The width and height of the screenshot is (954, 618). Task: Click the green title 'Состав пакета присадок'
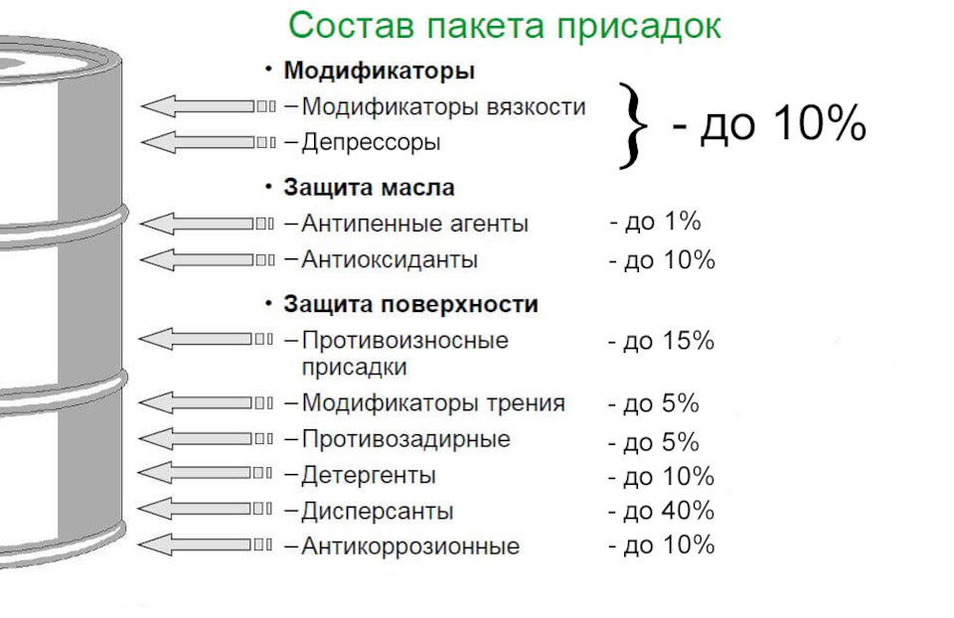[505, 26]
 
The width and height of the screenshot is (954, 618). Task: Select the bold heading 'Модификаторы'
[379, 71]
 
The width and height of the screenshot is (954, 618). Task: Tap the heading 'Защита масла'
[369, 188]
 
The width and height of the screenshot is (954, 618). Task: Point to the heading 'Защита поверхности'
[410, 304]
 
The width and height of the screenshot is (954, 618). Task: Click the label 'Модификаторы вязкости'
[443, 107]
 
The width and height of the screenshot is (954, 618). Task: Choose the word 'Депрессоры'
[371, 142]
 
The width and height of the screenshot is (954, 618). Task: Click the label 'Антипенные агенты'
[415, 224]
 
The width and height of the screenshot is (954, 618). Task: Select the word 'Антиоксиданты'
[390, 259]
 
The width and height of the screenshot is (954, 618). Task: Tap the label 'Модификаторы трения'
[433, 402]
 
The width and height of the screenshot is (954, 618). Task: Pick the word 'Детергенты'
[369, 475]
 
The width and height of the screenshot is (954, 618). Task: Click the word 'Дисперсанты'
[378, 511]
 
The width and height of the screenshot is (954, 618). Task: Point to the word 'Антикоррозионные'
[410, 545]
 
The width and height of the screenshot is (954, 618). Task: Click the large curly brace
[634, 125]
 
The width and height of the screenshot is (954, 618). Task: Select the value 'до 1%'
[663, 222]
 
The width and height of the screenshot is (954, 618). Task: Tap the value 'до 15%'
[669, 341]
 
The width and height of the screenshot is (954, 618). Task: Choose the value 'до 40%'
[669, 511]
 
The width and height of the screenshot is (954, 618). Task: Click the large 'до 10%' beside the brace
[783, 123]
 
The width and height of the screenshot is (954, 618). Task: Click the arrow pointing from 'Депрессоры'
[208, 142]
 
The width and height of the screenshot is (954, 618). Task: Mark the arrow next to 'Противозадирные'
[206, 438]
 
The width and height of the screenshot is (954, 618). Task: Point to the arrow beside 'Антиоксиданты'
[208, 259]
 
